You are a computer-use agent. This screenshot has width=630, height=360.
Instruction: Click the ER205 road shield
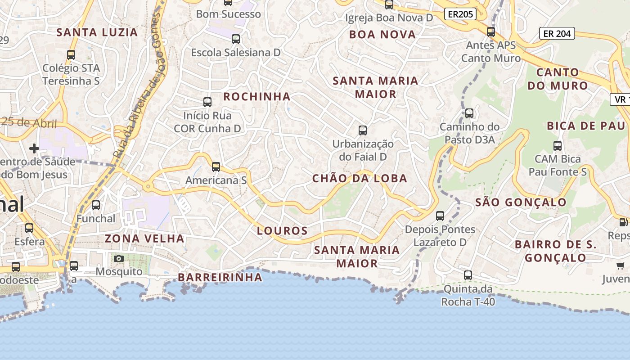click(460, 14)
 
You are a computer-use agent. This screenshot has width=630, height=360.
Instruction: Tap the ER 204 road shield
click(557, 33)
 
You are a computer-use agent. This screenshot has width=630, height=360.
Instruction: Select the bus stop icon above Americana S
click(216, 167)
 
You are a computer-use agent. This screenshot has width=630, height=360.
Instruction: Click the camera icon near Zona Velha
click(119, 258)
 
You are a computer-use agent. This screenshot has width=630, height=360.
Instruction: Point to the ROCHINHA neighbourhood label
click(257, 97)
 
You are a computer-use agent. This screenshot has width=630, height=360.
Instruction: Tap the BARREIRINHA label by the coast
click(220, 277)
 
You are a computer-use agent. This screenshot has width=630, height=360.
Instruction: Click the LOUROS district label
click(282, 231)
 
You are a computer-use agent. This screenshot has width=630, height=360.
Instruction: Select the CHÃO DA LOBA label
click(360, 179)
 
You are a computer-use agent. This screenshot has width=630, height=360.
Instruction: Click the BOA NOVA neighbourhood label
click(382, 35)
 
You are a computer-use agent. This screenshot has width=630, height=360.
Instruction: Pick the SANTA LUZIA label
click(97, 32)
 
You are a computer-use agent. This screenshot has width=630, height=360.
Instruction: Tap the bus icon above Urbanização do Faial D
click(363, 130)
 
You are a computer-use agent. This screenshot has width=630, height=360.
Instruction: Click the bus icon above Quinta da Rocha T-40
click(468, 275)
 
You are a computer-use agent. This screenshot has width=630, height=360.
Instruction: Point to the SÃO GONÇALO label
click(521, 202)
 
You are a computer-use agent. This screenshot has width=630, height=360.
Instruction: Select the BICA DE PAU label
click(586, 126)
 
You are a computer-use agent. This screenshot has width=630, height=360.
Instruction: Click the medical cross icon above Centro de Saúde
click(34, 148)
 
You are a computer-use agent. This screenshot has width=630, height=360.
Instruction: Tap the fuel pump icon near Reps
click(623, 222)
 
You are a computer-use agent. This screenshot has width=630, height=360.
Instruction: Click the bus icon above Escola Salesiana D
click(235, 39)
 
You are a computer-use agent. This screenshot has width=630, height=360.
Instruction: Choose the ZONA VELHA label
click(144, 238)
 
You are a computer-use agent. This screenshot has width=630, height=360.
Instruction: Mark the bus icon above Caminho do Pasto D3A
click(469, 113)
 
